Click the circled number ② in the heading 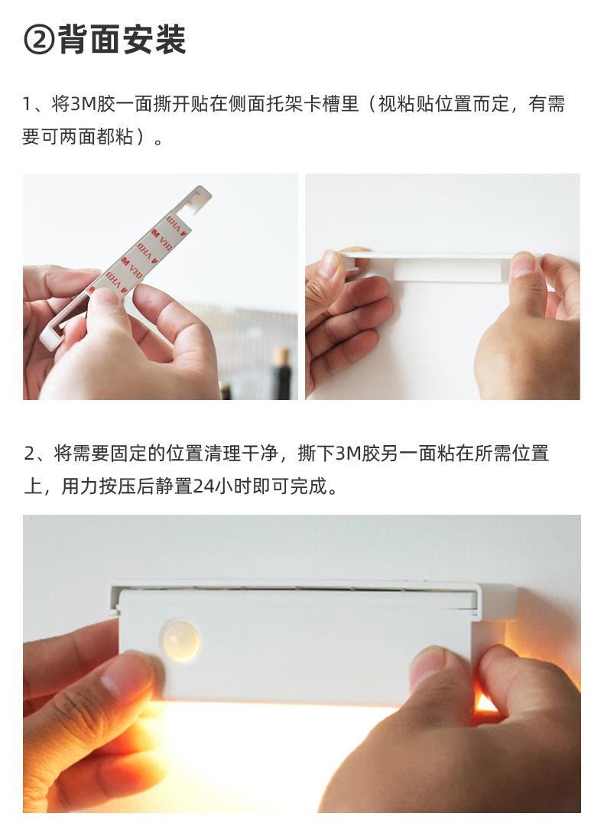(x=39, y=40)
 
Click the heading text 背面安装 (x=122, y=40)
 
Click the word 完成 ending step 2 (x=307, y=486)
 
